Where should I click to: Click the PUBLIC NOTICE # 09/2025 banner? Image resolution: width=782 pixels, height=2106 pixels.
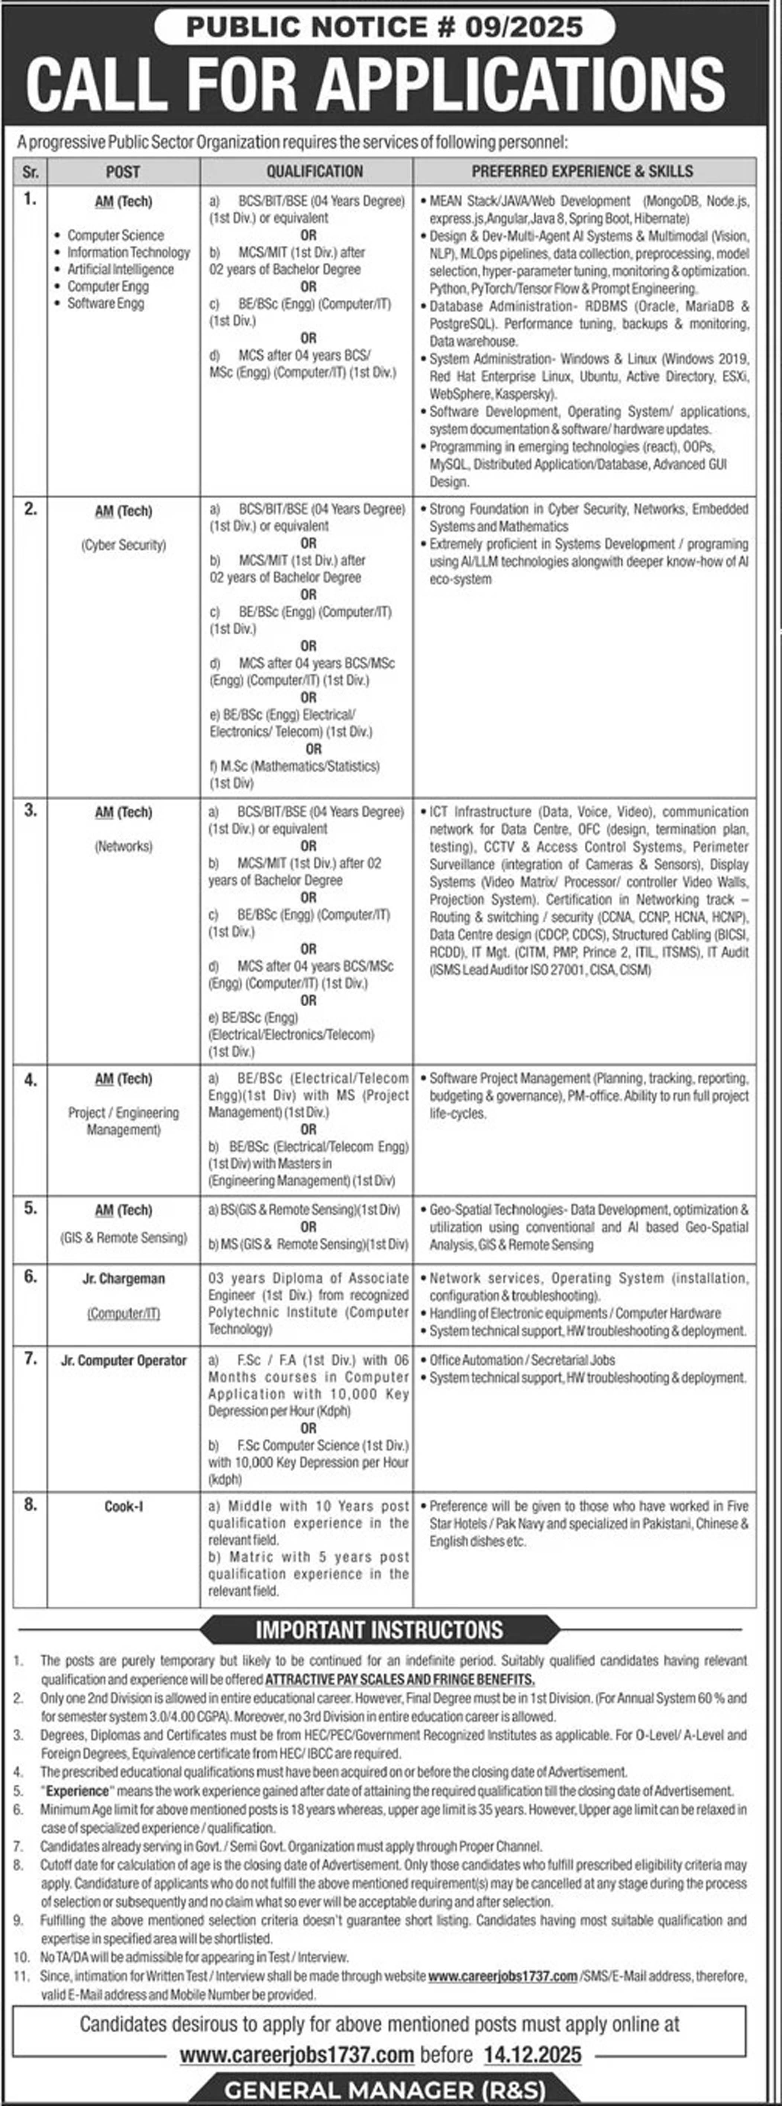[384, 27]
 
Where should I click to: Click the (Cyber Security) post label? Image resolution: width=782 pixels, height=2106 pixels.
[123, 544]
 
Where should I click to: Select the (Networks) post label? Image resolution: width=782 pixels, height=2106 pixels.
[123, 846]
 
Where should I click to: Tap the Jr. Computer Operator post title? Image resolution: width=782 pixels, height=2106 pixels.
[123, 1360]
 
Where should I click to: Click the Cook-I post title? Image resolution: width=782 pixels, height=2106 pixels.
[123, 1506]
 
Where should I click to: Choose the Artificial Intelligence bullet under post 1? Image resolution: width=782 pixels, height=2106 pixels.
[120, 269]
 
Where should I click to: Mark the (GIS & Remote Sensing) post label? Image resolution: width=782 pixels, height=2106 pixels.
[123, 1238]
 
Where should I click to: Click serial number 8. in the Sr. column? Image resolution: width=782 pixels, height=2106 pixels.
[30, 1504]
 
